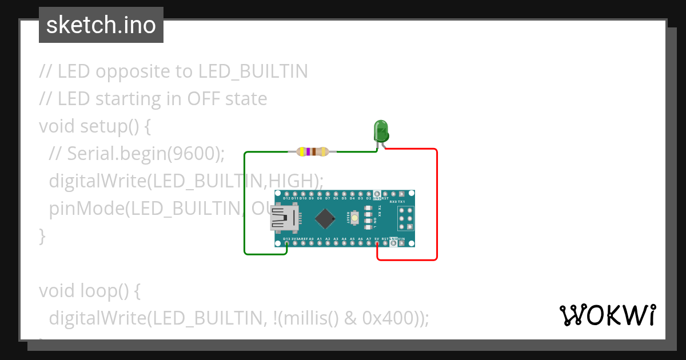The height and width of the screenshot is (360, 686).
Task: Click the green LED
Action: point(381,131)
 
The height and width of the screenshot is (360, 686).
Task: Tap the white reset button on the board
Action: point(355,218)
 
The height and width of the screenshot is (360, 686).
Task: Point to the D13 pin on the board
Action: point(286,243)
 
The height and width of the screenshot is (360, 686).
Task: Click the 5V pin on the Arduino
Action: point(377,243)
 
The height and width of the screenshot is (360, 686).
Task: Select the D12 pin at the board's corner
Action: point(286,194)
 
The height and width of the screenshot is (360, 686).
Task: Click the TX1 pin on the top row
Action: point(401,194)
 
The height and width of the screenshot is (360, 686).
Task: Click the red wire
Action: point(437,206)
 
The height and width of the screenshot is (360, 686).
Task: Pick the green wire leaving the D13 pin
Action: point(245,206)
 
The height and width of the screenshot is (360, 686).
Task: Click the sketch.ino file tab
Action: point(101,25)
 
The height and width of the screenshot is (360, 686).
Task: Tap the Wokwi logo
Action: point(608,315)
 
